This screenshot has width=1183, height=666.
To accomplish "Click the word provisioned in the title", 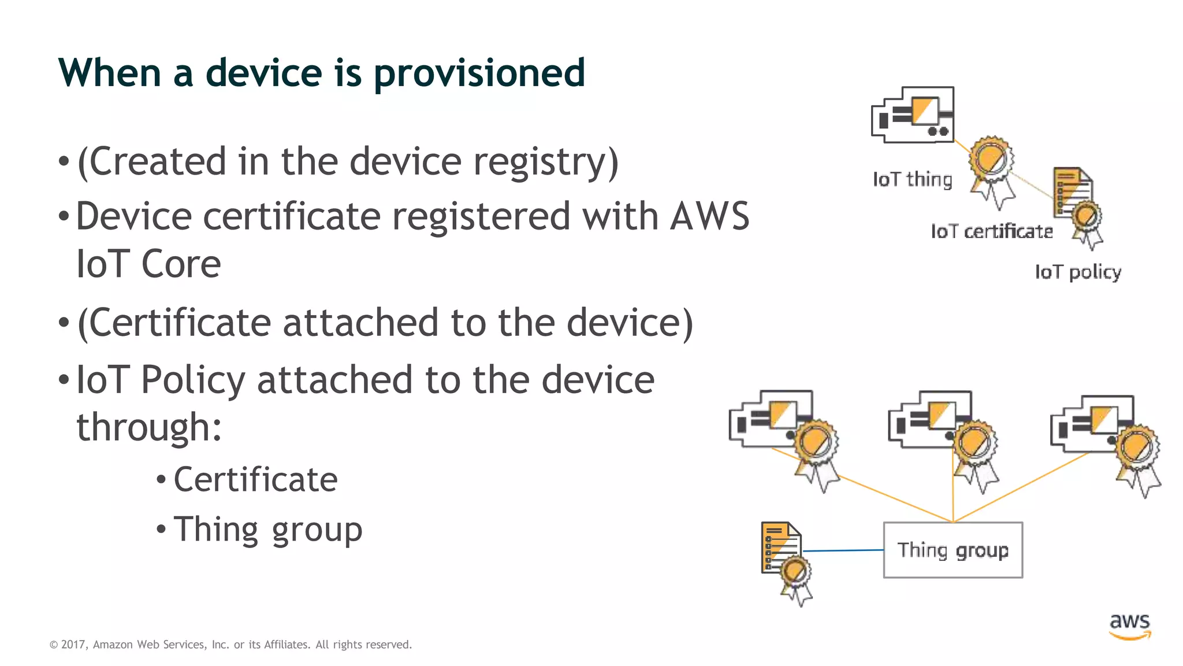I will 479,74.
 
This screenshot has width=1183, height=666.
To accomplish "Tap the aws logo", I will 1130,626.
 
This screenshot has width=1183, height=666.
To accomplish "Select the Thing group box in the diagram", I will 953,550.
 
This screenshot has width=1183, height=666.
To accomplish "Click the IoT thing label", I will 912,180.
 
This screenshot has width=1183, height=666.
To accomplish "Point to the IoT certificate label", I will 991,232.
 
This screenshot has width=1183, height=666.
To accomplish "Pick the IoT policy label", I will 1077,272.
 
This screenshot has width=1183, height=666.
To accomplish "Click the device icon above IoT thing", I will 913,114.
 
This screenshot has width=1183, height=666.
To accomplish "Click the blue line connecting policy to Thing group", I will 843,550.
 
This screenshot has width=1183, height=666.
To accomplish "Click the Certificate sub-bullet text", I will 255,479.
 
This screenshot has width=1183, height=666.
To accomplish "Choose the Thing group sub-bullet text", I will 267,529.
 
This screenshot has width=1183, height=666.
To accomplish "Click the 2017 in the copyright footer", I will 73,645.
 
